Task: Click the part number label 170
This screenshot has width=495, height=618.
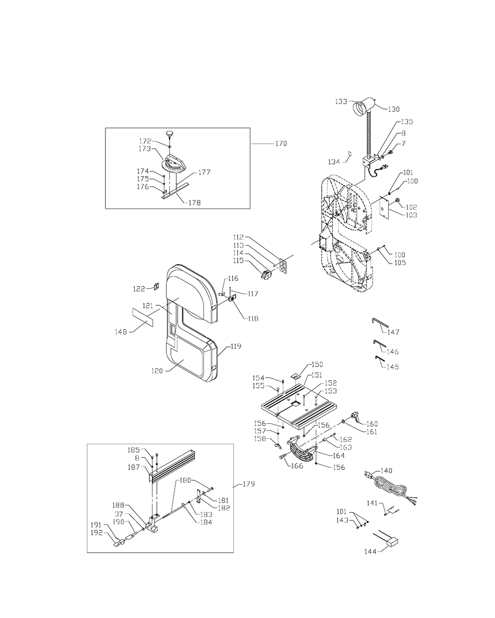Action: tap(281, 143)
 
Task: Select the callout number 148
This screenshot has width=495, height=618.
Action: tap(121, 332)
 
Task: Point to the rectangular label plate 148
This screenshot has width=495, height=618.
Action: tap(143, 317)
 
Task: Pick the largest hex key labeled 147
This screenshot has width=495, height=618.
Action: tap(380, 322)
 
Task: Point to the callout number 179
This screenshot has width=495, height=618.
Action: tap(248, 484)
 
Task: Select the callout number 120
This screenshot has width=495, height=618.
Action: tap(157, 371)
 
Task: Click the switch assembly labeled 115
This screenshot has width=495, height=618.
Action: tap(266, 275)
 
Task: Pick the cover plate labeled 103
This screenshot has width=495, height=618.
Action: tap(384, 206)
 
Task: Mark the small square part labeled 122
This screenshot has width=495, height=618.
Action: tap(156, 286)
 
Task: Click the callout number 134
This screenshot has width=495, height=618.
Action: tap(334, 162)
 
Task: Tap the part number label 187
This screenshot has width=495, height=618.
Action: tap(134, 467)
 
